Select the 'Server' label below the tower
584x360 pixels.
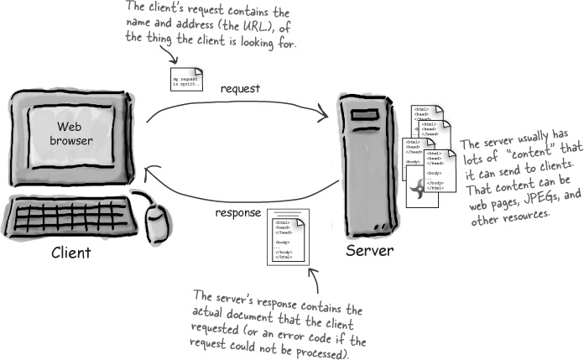pyautogui.click(x=370, y=253)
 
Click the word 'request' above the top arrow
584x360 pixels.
pyautogui.click(x=242, y=87)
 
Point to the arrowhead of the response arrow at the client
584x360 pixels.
pyautogui.click(x=149, y=173)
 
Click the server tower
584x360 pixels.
pyautogui.click(x=368, y=168)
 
